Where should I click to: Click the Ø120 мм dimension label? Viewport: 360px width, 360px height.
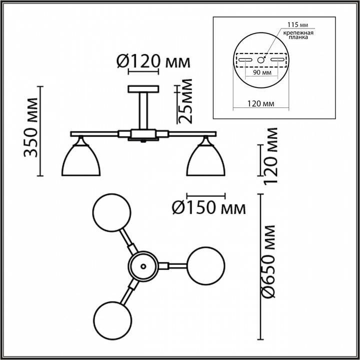coord(153,62)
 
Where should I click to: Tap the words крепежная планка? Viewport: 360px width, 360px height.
coord(298,35)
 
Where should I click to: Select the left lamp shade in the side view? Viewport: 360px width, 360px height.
coord(81,160)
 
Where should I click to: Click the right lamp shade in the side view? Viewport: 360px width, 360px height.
coord(206,160)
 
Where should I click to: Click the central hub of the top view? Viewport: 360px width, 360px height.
coord(143,265)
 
